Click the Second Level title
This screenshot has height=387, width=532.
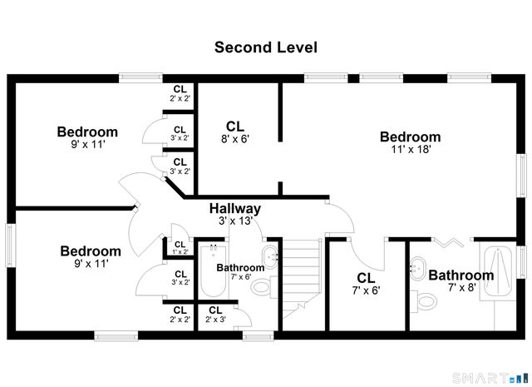coord(265,47)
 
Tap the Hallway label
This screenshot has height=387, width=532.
coord(235,209)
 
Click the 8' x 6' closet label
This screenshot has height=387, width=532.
coord(234,132)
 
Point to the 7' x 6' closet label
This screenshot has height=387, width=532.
coord(365,284)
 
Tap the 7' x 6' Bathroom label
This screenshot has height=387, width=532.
coord(240,271)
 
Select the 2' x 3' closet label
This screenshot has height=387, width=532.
coord(215,315)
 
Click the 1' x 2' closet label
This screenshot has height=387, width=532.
coord(180,247)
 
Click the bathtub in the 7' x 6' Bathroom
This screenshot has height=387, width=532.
coord(214,275)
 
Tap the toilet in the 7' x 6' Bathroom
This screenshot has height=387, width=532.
coord(261,288)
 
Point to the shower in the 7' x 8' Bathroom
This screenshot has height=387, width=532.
coord(500,270)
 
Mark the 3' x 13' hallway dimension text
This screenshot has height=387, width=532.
coord(235,221)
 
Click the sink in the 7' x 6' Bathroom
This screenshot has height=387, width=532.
coord(270,256)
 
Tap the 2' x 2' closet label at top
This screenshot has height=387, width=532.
coord(180,93)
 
